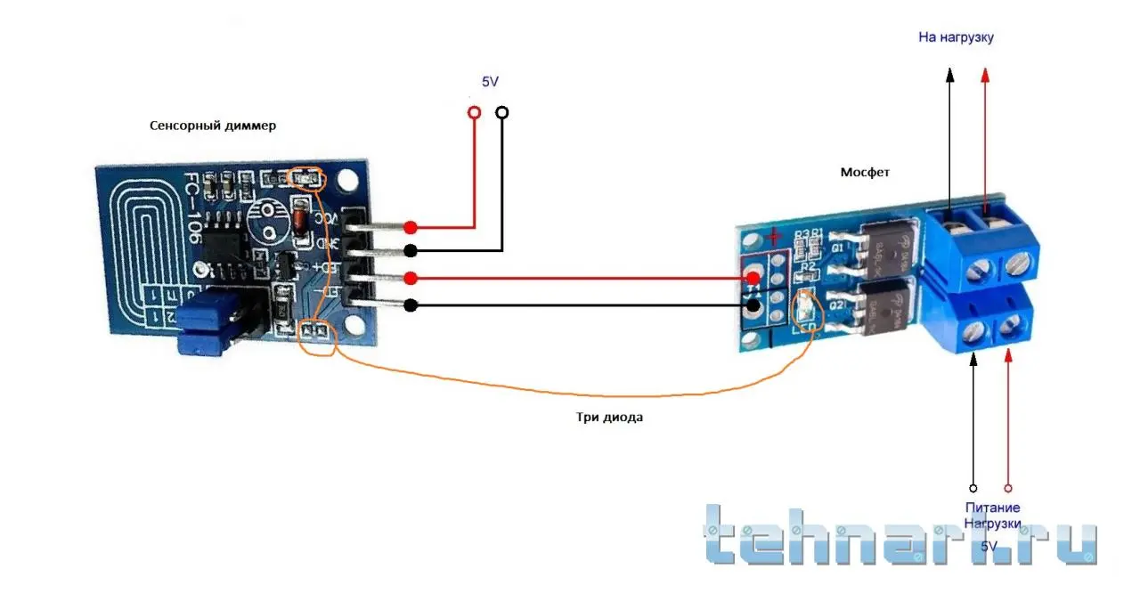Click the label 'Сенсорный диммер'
pyautogui.click(x=213, y=126)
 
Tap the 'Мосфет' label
pyautogui.click(x=865, y=171)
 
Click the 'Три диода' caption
pyautogui.click(x=609, y=417)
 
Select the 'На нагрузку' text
pyautogui.click(x=956, y=37)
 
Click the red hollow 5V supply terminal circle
pyautogui.click(x=474, y=113)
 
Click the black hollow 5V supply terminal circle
pyautogui.click(x=502, y=113)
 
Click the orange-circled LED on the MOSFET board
pyautogui.click(x=804, y=307)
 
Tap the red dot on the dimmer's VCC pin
pyautogui.click(x=411, y=227)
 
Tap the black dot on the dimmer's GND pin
pyautogui.click(x=411, y=250)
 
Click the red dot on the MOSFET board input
pyautogui.click(x=753, y=280)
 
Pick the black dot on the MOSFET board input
pyautogui.click(x=753, y=306)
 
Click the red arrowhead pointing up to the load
pyautogui.click(x=985, y=75)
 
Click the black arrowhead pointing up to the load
pyautogui.click(x=950, y=75)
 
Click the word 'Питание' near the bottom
pyautogui.click(x=992, y=508)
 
